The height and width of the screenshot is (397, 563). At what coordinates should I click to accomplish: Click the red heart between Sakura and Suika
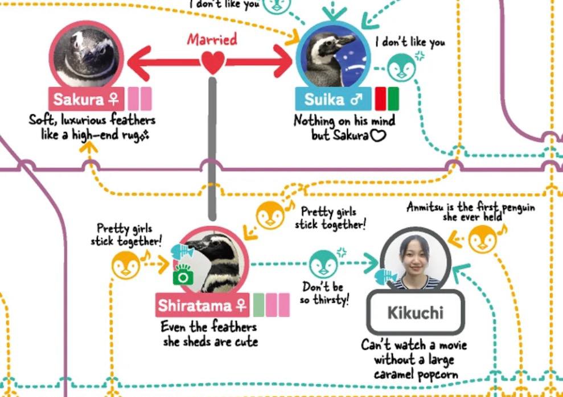(x=212, y=63)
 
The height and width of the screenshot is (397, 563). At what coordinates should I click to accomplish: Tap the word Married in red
(x=212, y=39)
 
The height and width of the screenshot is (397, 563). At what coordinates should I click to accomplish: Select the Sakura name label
(x=86, y=99)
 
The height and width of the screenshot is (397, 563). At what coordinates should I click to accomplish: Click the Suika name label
(x=333, y=99)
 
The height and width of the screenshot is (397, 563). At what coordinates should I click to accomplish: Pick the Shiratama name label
(x=203, y=305)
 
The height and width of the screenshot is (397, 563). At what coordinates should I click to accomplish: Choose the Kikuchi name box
(x=416, y=312)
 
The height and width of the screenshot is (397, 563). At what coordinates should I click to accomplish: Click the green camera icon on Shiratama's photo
(x=183, y=275)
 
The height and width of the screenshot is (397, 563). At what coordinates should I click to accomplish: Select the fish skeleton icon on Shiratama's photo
(x=182, y=251)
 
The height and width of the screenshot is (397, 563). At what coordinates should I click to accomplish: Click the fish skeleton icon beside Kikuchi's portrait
(x=386, y=277)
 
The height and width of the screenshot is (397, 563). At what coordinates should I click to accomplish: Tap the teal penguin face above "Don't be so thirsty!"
(x=323, y=264)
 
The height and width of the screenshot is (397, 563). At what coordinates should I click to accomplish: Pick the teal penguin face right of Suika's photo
(x=401, y=68)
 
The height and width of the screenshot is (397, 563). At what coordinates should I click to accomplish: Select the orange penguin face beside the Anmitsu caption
(x=483, y=239)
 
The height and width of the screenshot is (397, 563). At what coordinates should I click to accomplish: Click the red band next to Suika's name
(x=381, y=99)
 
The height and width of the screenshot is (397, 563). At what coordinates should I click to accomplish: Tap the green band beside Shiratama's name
(x=258, y=305)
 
